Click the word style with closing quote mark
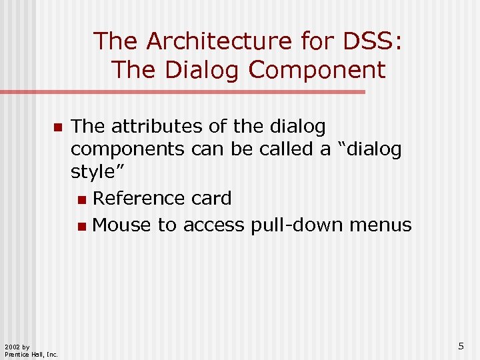point(98,171)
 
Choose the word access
point(214,225)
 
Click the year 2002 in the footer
point(12,347)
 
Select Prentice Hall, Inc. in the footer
point(31,354)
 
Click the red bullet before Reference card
point(81,199)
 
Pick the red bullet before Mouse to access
point(81,227)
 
